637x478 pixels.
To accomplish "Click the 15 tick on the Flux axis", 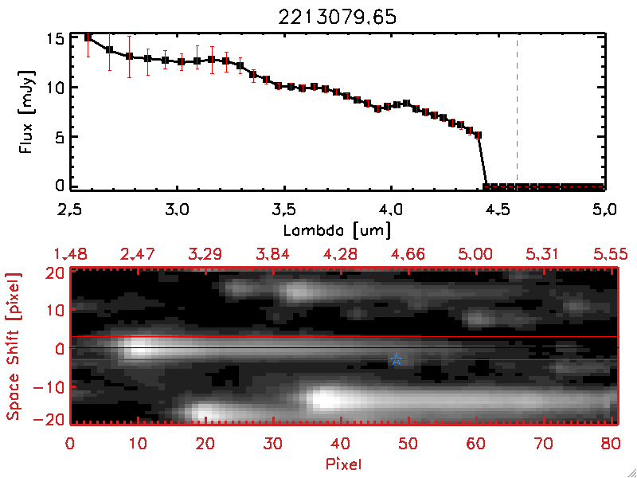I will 53,38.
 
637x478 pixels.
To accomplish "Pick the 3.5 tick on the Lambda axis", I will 283,211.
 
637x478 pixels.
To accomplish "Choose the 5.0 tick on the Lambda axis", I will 604,211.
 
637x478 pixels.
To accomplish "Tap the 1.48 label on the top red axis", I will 70,254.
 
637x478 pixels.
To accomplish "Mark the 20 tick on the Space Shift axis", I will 54,272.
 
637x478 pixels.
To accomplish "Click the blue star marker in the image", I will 396,359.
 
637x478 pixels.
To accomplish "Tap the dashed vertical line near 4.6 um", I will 518,112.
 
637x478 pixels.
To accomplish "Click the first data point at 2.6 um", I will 88,37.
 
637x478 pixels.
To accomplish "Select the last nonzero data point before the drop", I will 479,135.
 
